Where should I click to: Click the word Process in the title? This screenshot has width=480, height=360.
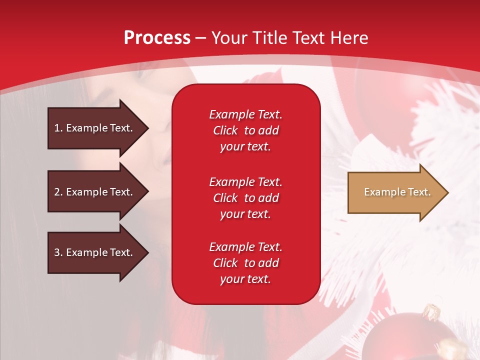pyautogui.click(x=157, y=38)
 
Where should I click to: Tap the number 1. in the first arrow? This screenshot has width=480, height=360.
pyautogui.click(x=58, y=128)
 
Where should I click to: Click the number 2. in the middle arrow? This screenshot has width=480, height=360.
pyautogui.click(x=58, y=192)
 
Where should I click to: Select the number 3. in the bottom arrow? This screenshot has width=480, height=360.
pyautogui.click(x=58, y=252)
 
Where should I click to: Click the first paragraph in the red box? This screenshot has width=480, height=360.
pyautogui.click(x=245, y=130)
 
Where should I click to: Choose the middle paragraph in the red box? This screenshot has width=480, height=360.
pyautogui.click(x=245, y=198)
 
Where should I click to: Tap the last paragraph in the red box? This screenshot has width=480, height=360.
pyautogui.click(x=245, y=263)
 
